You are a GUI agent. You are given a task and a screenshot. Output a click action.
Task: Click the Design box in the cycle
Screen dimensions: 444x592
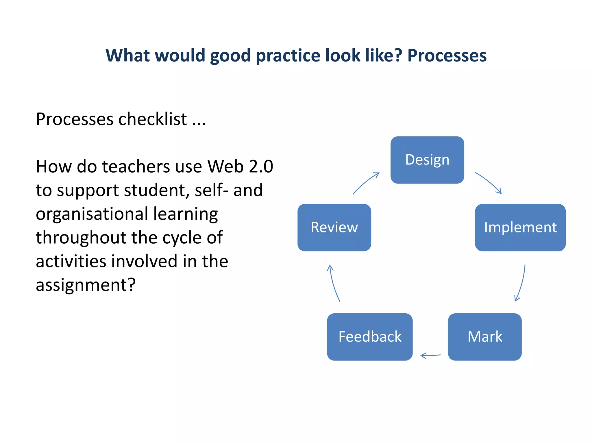tap(427, 160)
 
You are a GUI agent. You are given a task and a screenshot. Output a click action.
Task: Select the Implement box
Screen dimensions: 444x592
tap(520, 227)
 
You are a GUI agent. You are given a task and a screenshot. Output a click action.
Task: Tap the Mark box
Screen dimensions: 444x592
tap(485, 337)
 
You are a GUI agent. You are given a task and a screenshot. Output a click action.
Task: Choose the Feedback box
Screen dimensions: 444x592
tap(370, 337)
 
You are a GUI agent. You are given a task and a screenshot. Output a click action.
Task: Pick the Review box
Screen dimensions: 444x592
tap(334, 227)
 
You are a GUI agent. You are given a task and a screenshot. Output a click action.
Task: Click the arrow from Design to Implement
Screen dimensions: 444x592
tap(489, 182)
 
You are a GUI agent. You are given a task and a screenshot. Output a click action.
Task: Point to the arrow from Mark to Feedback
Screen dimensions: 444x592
tap(430, 355)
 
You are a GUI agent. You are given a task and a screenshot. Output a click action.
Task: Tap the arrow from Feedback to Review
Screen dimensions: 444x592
tap(334, 283)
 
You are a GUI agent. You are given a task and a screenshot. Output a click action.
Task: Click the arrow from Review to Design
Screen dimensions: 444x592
tap(366, 183)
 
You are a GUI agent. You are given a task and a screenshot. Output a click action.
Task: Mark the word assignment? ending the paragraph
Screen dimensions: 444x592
tap(86, 285)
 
